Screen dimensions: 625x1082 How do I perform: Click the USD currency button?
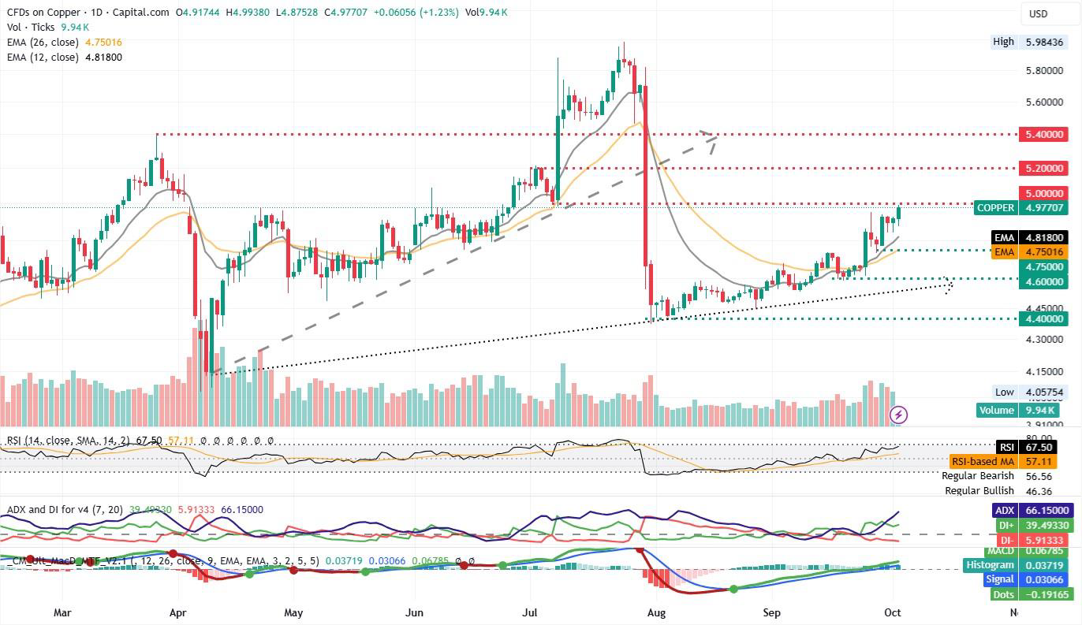(x=1038, y=13)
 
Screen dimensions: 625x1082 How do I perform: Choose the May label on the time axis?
(x=293, y=612)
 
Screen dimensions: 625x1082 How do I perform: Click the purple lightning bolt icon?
(x=898, y=414)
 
